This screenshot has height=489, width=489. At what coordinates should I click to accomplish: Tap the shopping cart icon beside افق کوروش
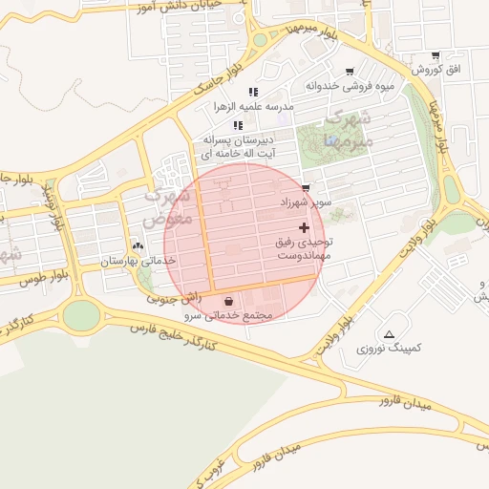436,55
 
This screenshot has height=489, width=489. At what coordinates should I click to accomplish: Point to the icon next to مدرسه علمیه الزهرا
253,91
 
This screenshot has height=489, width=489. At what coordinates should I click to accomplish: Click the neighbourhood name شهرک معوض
170,206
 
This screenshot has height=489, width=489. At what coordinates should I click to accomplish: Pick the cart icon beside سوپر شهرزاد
305,187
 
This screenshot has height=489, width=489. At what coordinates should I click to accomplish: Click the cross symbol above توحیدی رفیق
305,227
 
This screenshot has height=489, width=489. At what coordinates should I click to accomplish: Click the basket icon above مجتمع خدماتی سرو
229,301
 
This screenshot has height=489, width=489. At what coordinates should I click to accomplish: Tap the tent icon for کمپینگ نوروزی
389,334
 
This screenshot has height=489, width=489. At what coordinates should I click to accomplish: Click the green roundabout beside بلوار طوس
81,314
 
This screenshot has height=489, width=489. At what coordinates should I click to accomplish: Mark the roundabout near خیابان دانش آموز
260,40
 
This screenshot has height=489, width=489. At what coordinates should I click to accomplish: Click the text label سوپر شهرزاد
306,203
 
